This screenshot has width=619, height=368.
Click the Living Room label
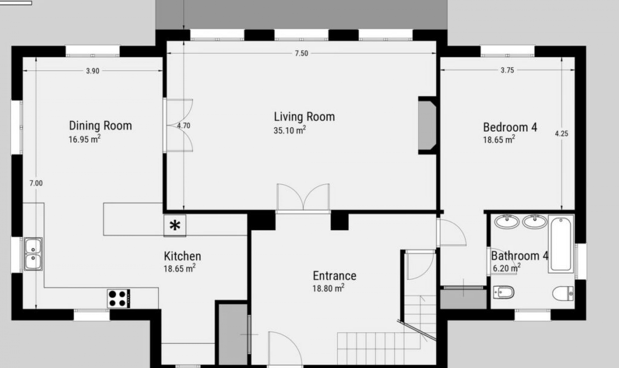point(304,117)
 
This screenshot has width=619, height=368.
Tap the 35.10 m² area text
point(290,130)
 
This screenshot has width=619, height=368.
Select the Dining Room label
point(101,126)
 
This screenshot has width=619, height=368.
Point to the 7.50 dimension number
point(301,54)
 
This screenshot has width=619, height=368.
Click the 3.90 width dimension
point(93,71)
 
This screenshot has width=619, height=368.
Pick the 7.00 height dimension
point(36,183)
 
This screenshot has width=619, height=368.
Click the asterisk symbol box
point(175,226)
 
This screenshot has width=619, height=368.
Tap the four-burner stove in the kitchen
point(119,299)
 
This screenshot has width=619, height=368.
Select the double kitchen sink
point(33,254)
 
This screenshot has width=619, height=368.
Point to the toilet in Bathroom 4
point(563,293)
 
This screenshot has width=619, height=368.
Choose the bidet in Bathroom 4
point(504,292)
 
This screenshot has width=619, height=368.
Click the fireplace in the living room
point(427,125)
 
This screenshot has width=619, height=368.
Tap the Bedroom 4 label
point(510,128)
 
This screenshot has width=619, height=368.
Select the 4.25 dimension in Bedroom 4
point(562,134)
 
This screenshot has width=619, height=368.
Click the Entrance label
point(335,276)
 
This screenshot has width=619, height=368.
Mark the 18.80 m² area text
point(328,288)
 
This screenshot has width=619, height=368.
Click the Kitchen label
point(182,256)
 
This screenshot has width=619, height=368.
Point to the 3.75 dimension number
point(507,70)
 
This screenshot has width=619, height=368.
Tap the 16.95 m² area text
point(84,139)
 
